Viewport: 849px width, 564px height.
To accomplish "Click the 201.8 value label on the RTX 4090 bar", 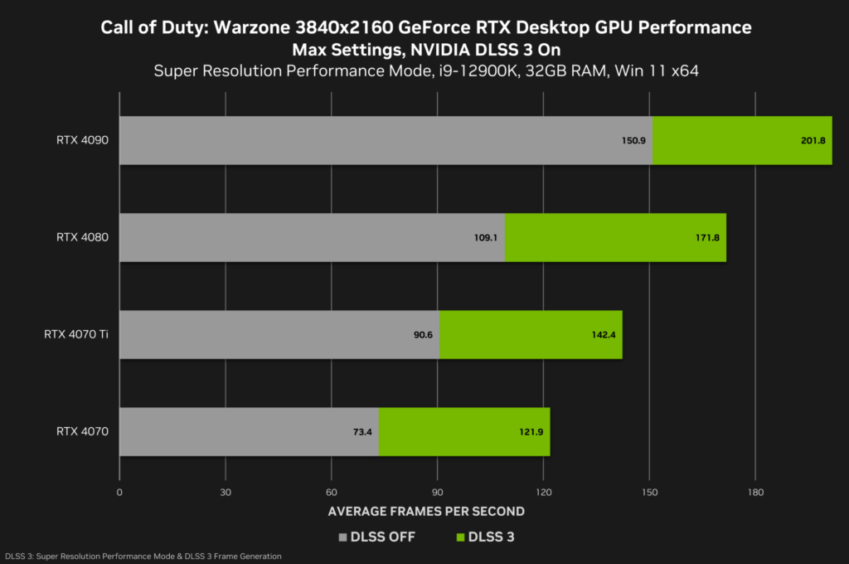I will [x=813, y=141].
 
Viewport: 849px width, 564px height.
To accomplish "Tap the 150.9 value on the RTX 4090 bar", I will [x=633, y=141].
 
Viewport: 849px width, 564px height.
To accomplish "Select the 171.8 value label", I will [x=707, y=238].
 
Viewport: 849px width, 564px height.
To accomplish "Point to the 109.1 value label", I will [x=485, y=238].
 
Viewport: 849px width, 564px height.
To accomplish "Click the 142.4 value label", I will [x=603, y=335].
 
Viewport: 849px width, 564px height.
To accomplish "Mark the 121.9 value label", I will [x=531, y=432].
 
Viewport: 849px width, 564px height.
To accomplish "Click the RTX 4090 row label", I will [x=82, y=140].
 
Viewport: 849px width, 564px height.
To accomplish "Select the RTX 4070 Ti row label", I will [x=76, y=334].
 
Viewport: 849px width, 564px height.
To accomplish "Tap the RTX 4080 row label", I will [x=82, y=237].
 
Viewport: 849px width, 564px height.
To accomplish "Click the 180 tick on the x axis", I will [x=754, y=492].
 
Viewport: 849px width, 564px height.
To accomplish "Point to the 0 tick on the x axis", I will [x=120, y=492].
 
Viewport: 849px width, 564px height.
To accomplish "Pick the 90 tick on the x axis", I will [x=437, y=492].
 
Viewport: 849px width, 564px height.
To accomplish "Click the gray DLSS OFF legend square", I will [x=343, y=537].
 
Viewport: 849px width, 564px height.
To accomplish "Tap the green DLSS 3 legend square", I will [x=460, y=537].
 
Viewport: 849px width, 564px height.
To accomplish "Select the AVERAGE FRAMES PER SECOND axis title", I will [x=426, y=511].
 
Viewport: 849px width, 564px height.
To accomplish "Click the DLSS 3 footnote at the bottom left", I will [x=143, y=556].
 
